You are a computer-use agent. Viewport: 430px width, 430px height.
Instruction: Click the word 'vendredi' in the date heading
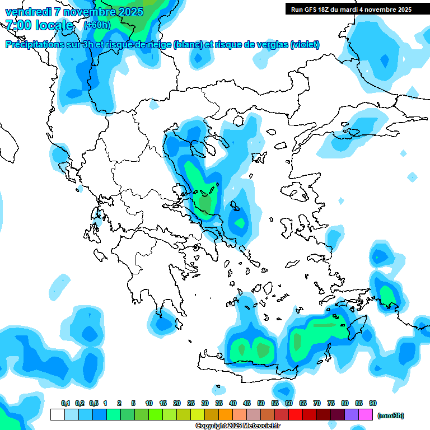(27, 12)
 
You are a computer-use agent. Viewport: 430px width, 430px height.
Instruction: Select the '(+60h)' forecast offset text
(97, 25)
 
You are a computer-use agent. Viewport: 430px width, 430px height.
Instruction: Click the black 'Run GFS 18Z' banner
(351, 9)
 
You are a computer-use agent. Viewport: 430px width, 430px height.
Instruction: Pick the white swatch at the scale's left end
(57, 415)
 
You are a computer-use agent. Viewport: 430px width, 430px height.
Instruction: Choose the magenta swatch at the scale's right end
(366, 415)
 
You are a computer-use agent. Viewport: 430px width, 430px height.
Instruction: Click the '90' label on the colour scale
(373, 404)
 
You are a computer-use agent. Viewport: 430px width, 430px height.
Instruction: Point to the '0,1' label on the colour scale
(66, 404)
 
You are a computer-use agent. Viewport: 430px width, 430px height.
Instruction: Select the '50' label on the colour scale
(261, 404)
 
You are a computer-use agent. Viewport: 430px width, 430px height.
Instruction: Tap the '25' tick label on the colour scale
(191, 404)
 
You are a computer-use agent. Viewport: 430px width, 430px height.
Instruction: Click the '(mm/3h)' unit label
(391, 415)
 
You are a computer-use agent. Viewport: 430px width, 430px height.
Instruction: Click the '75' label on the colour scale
(331, 404)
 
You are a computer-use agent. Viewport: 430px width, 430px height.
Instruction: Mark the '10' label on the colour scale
(149, 404)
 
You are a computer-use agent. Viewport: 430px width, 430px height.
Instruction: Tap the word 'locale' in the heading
(54, 25)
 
